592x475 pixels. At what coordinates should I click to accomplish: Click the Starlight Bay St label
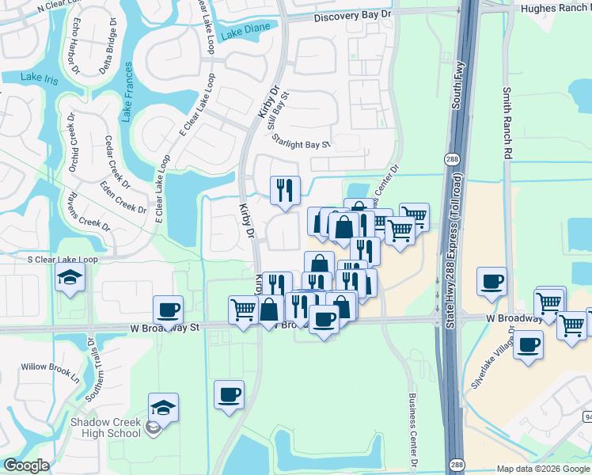(301, 141)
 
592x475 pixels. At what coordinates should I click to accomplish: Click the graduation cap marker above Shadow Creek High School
(163, 408)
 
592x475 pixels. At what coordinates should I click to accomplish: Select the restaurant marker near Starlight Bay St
(285, 190)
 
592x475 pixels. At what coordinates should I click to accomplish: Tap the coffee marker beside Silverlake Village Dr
(528, 345)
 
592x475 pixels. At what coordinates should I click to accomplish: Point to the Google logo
(25, 465)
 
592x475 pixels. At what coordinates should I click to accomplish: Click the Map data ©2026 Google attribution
(542, 469)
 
